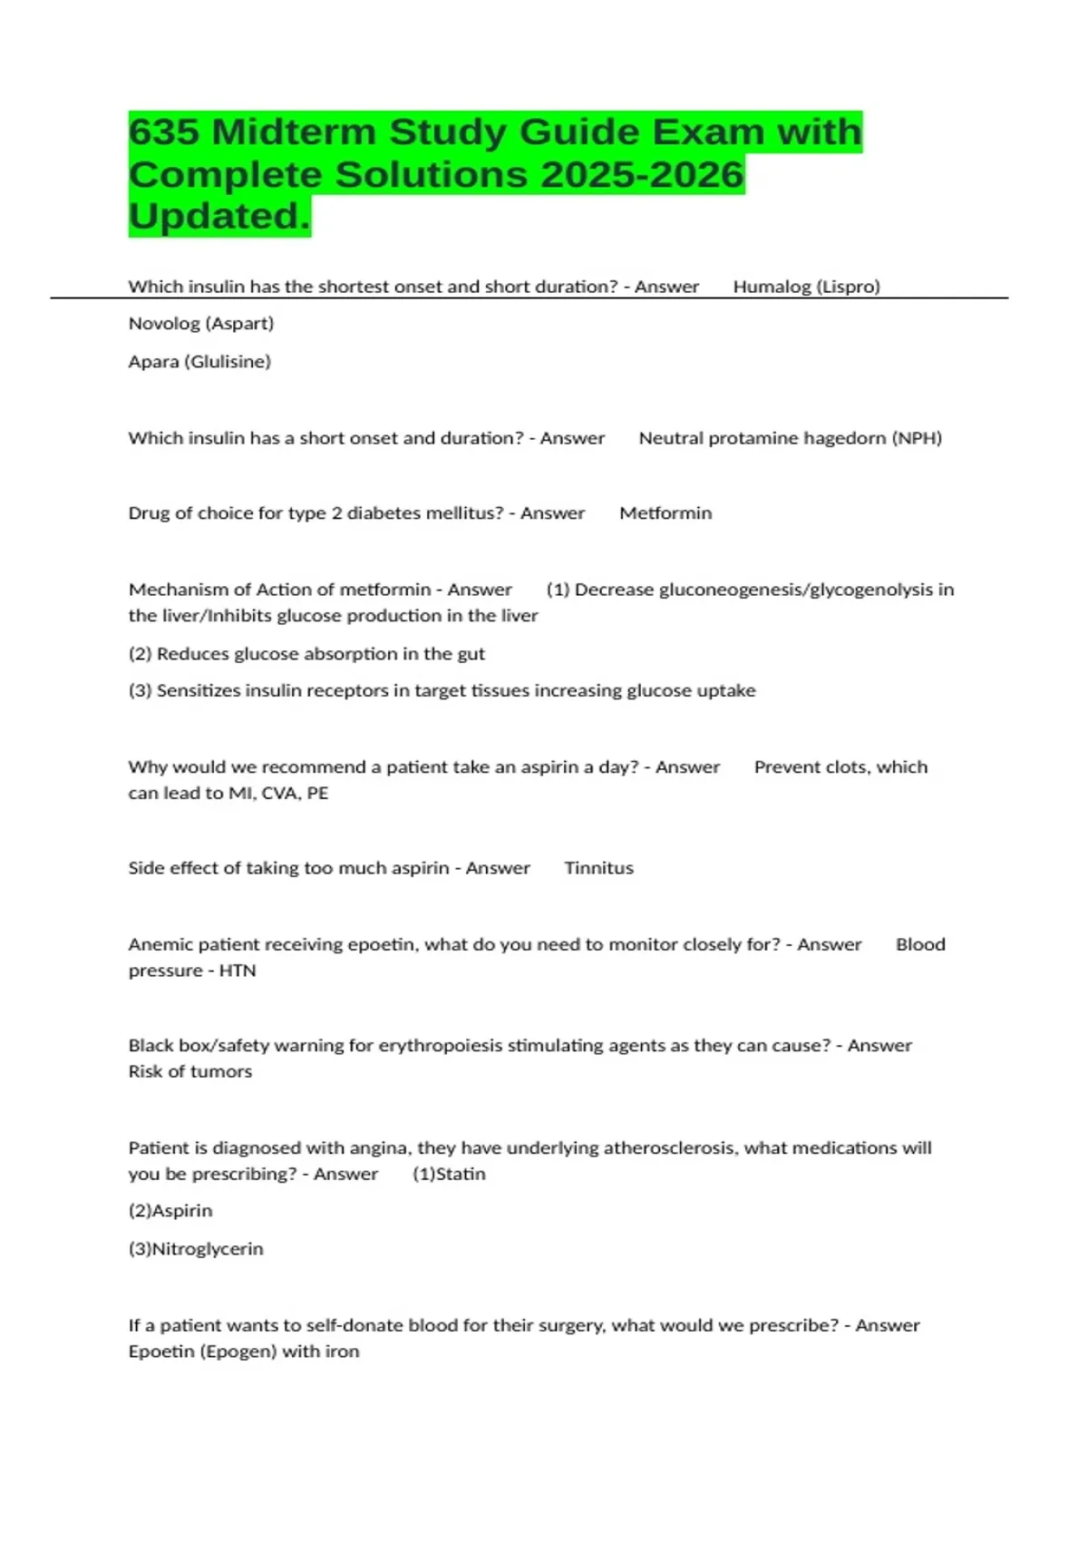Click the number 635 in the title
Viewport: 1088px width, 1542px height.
163,132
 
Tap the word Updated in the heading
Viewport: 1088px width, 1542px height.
219,217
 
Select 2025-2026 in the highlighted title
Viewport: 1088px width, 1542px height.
642,175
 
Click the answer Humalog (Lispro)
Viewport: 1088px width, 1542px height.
806,287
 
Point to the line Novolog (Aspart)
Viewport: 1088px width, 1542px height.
201,324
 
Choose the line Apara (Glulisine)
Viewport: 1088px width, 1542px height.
199,362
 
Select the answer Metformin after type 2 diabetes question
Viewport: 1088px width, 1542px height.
665,513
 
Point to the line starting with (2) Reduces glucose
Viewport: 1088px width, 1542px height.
306,654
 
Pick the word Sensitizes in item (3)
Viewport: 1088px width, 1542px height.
200,691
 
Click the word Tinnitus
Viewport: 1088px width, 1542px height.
598,868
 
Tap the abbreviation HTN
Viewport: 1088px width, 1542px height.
238,971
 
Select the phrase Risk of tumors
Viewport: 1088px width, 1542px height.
190,1071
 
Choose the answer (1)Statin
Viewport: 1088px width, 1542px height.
449,1174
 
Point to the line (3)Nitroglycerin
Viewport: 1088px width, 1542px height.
196,1249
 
